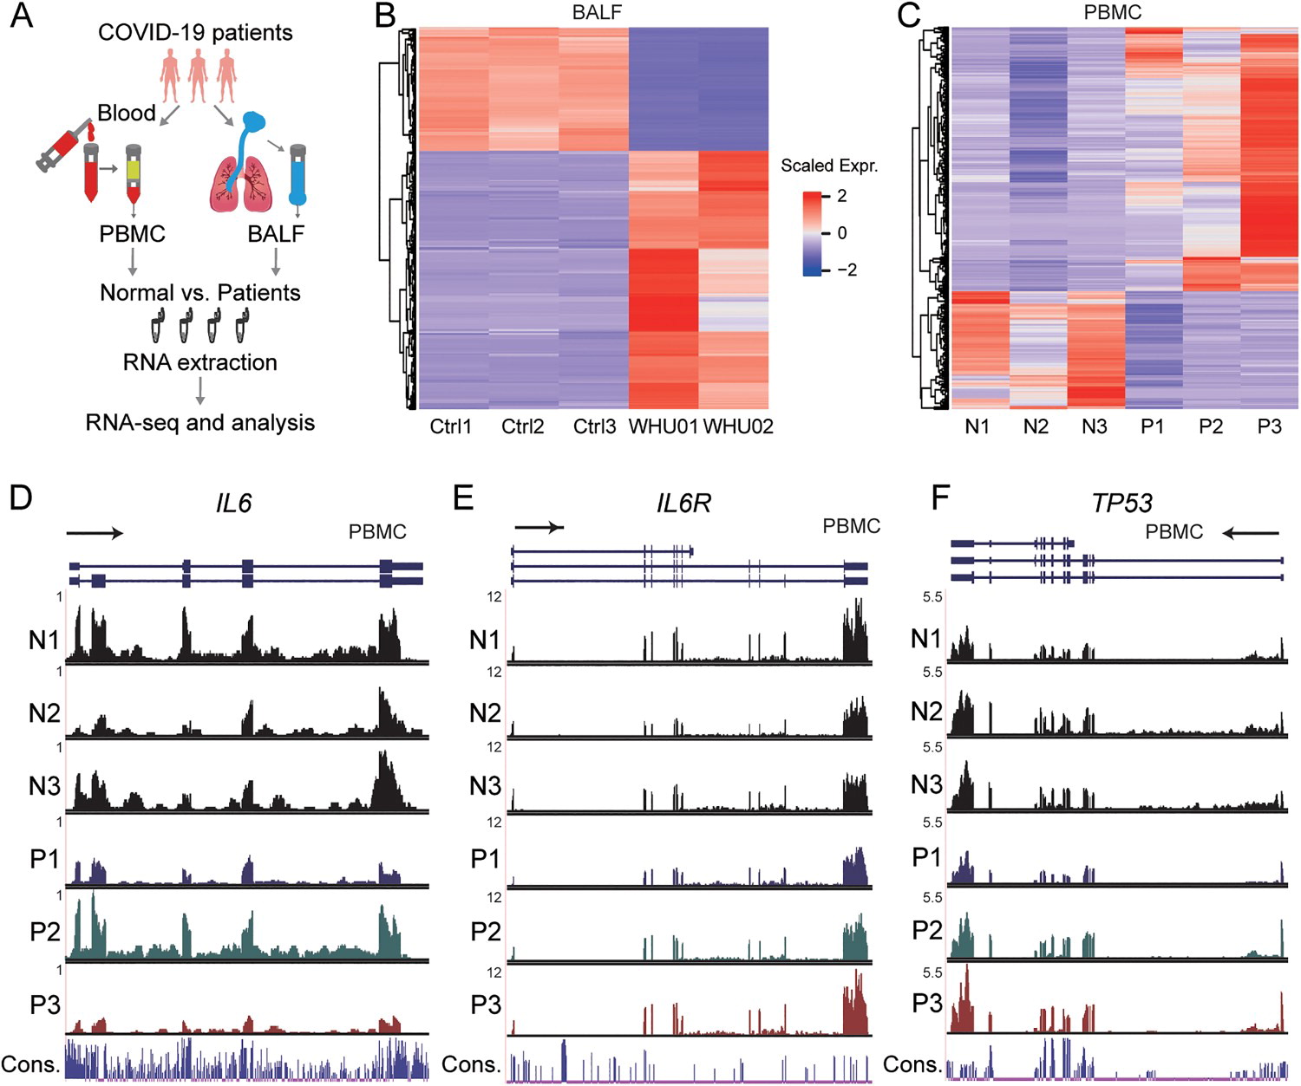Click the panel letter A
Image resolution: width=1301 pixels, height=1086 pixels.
tap(21, 16)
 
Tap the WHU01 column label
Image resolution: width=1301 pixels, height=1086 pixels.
tap(663, 426)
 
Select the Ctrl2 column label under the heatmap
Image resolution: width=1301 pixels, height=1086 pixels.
tap(522, 426)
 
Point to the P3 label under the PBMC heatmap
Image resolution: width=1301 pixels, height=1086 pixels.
tap(1269, 426)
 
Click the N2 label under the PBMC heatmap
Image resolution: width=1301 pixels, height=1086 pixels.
tap(1036, 426)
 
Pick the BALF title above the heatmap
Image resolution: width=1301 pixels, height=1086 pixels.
tap(597, 12)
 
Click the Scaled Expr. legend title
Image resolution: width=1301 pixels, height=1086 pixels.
tap(828, 166)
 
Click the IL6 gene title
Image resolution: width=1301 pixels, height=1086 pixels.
tap(233, 503)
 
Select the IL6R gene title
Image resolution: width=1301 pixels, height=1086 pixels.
tap(683, 503)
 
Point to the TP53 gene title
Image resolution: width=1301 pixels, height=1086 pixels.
tap(1121, 503)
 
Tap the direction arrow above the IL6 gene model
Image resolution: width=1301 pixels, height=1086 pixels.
tap(95, 533)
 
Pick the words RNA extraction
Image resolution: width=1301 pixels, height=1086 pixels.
tap(199, 362)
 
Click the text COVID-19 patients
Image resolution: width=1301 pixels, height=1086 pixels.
tap(195, 33)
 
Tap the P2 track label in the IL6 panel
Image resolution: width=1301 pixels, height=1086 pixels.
tap(45, 932)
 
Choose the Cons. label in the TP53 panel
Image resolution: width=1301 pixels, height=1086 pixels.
tap(912, 1064)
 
